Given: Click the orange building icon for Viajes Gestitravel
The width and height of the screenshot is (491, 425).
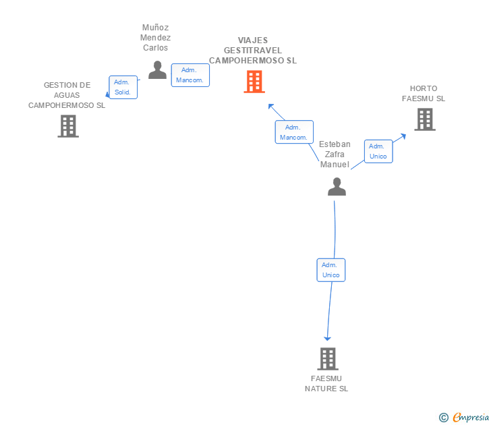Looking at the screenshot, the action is tap(254, 82).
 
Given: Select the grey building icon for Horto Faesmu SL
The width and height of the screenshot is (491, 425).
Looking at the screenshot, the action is tap(425, 119).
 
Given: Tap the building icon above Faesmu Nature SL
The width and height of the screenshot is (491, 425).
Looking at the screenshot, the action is tap(328, 359).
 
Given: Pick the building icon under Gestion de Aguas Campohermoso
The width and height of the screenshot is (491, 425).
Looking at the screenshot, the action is tap(68, 126).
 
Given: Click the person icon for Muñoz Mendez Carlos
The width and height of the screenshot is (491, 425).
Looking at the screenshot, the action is tap(157, 70).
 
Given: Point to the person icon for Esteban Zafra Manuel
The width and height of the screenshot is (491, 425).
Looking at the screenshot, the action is tap(337, 187).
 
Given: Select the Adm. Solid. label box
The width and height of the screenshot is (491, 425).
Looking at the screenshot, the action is tap(123, 87).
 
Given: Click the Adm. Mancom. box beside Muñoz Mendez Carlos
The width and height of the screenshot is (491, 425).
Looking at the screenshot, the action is tap(190, 75).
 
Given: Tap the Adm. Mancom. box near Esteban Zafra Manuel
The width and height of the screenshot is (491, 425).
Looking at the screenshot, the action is tap(294, 132).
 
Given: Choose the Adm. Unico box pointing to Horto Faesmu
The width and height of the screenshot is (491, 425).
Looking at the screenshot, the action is tap(378, 151).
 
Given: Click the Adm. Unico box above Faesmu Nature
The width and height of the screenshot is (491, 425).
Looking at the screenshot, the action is tap(331, 270).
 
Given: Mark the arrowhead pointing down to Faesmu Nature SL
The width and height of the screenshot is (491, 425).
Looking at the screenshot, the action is tap(327, 338).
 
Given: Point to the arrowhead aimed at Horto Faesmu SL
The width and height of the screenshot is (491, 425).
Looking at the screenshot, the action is tap(403, 136).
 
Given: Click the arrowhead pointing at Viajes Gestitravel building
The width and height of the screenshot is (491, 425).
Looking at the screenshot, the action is tap(271, 107).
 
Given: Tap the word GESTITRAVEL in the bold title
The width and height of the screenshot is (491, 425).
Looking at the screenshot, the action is tap(253, 51).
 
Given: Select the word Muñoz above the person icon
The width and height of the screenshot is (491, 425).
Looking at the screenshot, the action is tap(155, 28).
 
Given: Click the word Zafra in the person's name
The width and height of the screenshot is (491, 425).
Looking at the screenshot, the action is tap(335, 154).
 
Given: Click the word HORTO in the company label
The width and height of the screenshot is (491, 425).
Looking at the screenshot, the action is tap(424, 88).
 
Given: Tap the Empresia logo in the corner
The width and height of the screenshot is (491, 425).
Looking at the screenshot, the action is tap(464, 417).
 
